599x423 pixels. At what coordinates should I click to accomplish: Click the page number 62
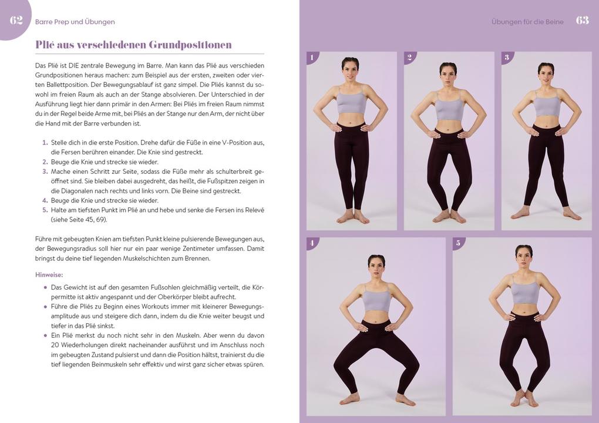pos(16,21)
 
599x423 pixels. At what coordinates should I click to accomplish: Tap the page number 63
pos(582,21)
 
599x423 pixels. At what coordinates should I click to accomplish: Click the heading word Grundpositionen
pos(190,45)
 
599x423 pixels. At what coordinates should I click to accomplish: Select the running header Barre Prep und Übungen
pos(75,22)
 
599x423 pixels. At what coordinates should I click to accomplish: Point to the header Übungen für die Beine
pos(527,22)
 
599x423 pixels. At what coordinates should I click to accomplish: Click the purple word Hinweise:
pos(49,275)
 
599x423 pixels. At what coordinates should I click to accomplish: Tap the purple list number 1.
pos(45,142)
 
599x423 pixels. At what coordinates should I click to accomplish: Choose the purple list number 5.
pos(45,210)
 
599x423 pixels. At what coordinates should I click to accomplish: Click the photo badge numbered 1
pos(312,57)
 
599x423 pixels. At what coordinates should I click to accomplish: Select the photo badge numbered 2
pos(409,57)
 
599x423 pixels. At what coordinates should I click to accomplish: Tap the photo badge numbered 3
pos(507,57)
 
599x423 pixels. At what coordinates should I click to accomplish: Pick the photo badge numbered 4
pos(312,243)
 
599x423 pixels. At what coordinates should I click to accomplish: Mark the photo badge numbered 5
pos(458,243)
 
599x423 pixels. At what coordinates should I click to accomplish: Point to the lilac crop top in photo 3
pos(547,105)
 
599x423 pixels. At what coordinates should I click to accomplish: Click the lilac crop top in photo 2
pos(449,108)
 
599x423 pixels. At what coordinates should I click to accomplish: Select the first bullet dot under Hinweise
pos(45,287)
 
